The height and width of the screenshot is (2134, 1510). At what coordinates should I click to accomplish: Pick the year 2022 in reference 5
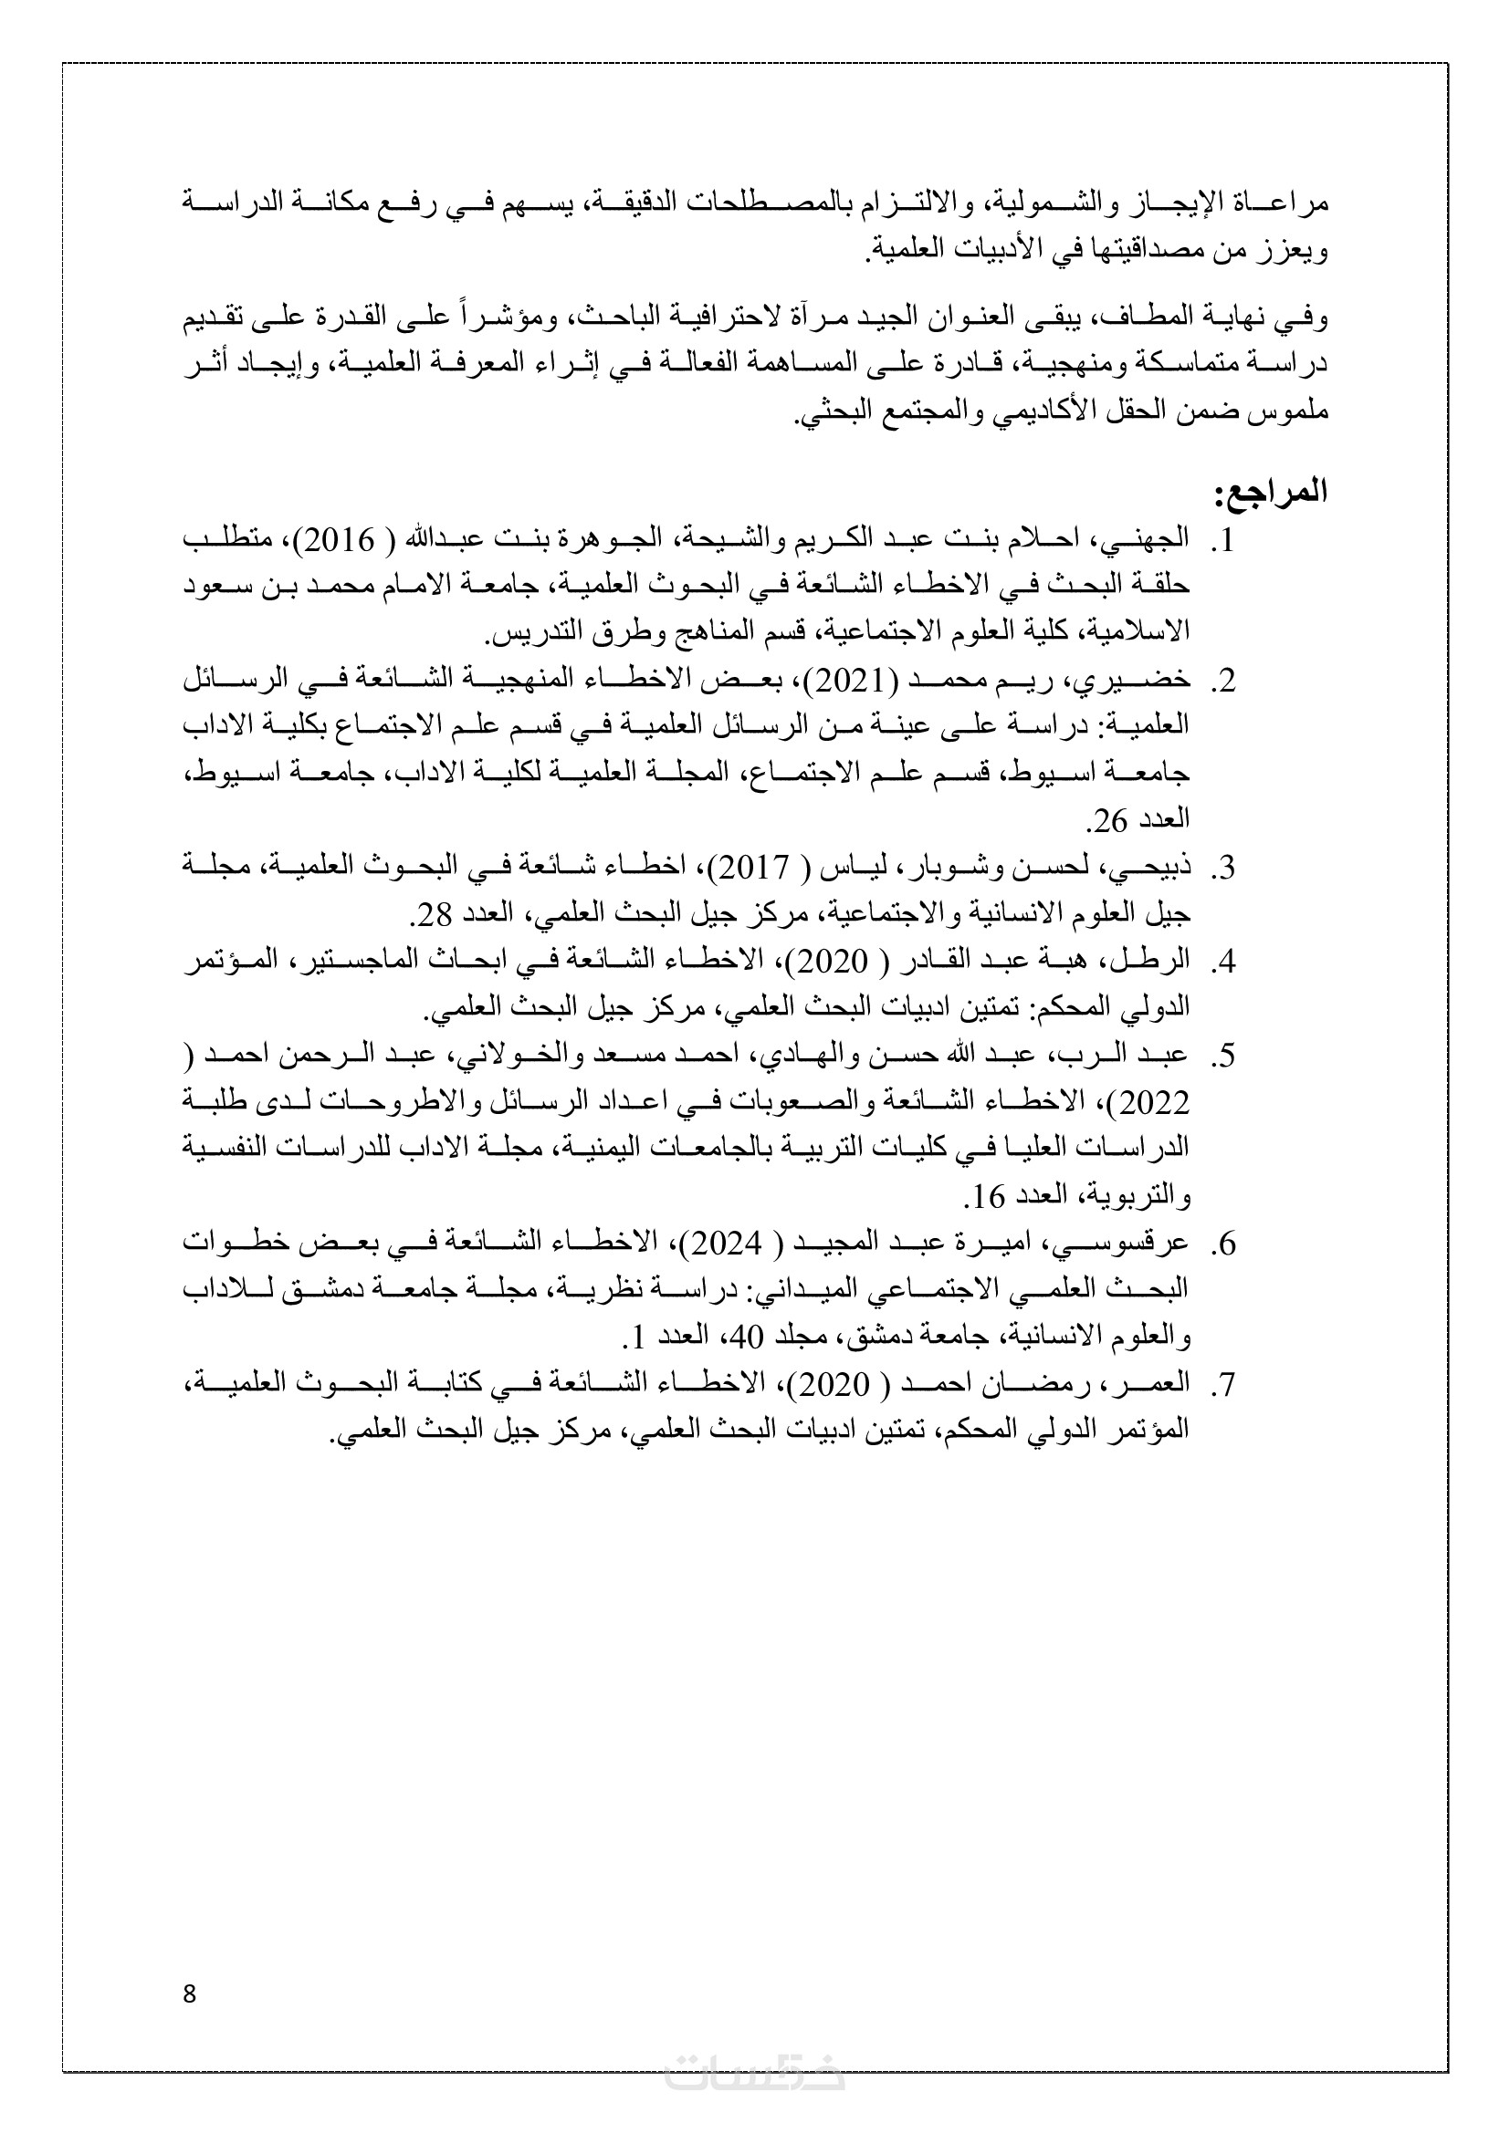pos(1156,1102)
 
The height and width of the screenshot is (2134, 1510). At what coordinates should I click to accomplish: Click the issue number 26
pos(1109,820)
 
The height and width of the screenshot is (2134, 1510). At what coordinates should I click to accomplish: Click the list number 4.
pos(1224,961)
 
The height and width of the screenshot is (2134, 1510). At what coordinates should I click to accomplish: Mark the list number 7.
pos(1224,1384)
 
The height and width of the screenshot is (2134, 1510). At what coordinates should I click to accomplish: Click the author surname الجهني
pos(1151,539)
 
